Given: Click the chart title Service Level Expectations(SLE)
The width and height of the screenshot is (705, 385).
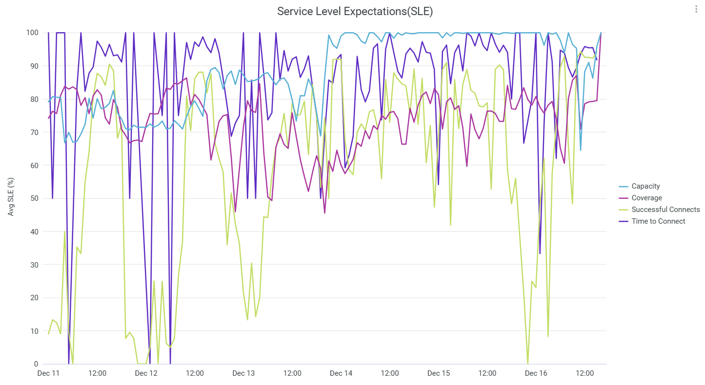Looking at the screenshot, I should tap(355, 12).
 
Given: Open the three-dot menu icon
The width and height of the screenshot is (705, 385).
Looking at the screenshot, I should tap(696, 9).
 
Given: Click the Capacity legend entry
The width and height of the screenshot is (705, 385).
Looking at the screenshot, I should tap(645, 186).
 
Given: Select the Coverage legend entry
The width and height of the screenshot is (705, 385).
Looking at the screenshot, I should tap(646, 198).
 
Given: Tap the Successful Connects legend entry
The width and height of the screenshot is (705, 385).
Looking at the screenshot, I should tap(665, 210).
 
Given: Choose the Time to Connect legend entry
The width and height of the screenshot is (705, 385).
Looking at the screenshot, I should tap(658, 221).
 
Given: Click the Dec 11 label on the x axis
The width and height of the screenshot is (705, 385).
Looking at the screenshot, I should tap(48, 373).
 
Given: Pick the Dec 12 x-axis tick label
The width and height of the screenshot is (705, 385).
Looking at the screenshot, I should tap(146, 373).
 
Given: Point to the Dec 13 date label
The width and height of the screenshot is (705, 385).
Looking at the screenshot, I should tap(243, 373).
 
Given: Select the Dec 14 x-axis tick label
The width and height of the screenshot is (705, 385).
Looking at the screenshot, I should tap(341, 373).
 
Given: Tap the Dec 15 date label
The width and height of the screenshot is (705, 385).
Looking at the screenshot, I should tap(439, 373).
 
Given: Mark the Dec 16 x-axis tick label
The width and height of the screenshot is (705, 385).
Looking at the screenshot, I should tap(536, 373).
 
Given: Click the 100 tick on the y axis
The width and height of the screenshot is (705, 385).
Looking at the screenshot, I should tap(32, 33).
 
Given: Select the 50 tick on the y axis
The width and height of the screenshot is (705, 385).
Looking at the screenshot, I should tap(34, 198).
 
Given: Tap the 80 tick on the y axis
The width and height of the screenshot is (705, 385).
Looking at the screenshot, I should tap(34, 99).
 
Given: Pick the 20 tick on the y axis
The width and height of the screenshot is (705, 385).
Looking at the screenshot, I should tap(34, 298).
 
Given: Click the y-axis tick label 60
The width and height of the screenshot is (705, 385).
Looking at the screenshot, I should tap(34, 165).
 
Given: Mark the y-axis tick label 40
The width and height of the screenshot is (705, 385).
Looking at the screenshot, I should tap(34, 231).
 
